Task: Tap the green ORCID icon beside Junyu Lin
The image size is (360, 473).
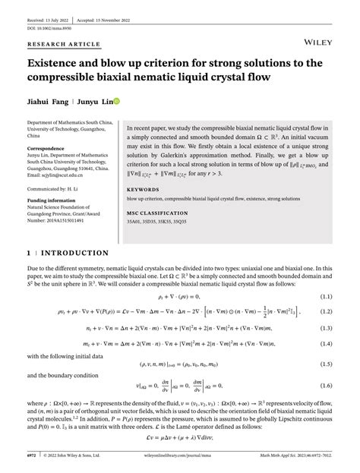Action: tap(117, 100)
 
